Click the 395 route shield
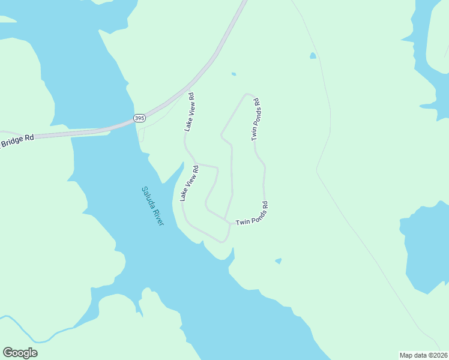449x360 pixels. (x=139, y=118)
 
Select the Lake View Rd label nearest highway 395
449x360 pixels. (x=190, y=112)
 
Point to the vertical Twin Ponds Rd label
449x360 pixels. (x=256, y=119)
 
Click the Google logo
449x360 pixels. (x=20, y=353)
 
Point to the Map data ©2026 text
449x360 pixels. (x=423, y=355)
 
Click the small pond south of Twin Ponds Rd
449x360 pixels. (x=278, y=261)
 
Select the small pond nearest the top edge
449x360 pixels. (x=313, y=56)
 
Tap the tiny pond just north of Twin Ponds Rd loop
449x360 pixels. (x=234, y=74)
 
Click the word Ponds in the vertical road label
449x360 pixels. (x=256, y=118)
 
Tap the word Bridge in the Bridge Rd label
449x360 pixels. (x=12, y=143)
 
